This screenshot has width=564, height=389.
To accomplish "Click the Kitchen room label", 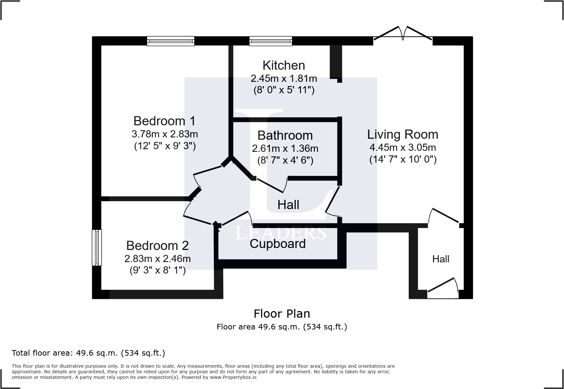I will (x=284, y=65).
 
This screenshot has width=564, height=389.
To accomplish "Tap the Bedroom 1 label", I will (x=164, y=121).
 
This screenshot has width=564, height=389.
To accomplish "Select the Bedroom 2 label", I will (x=158, y=245).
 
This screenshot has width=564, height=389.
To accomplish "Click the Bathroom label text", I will (x=285, y=135).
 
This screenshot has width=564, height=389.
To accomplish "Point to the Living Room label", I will (x=403, y=134).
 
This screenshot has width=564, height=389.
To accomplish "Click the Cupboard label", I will (x=277, y=244).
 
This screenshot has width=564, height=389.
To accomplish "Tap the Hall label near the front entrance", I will (x=441, y=259).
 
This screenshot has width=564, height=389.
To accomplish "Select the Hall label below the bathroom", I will (x=288, y=205).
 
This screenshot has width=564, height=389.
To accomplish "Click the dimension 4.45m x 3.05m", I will (x=403, y=147).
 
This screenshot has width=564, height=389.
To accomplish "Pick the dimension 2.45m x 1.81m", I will (x=284, y=79).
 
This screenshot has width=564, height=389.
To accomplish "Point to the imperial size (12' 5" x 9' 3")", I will (x=165, y=146).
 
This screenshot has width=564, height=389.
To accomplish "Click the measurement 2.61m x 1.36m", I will (x=285, y=149).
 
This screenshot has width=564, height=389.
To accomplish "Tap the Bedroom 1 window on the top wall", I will (x=170, y=41).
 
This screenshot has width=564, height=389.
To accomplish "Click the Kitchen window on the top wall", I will (x=271, y=41).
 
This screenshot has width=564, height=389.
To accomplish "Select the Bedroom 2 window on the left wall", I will (x=97, y=247).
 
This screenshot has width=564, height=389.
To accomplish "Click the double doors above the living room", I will (x=403, y=34).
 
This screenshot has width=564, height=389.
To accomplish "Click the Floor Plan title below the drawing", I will (x=282, y=314).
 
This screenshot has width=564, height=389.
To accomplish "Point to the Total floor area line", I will (x=88, y=353).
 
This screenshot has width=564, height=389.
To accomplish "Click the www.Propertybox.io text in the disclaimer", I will (x=233, y=377).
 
